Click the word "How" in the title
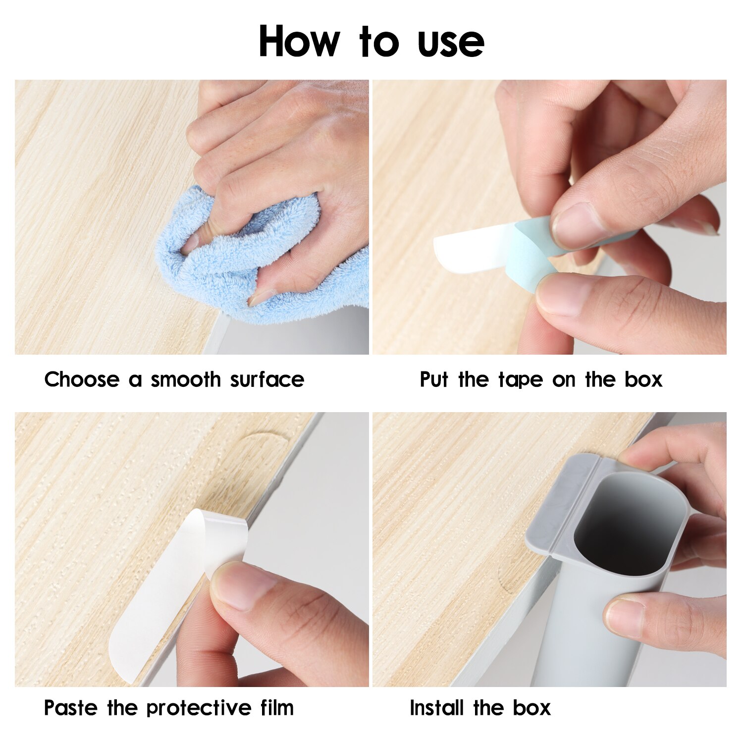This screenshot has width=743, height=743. (299, 42)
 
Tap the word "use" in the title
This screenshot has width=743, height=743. (451, 44)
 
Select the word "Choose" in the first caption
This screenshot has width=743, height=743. (82, 380)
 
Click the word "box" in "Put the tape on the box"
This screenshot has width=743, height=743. (643, 380)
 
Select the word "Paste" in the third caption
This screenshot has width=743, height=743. (71, 708)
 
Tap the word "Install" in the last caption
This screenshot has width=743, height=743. (437, 708)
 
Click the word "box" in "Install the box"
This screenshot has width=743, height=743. (531, 708)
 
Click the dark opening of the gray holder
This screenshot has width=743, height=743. (619, 525)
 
